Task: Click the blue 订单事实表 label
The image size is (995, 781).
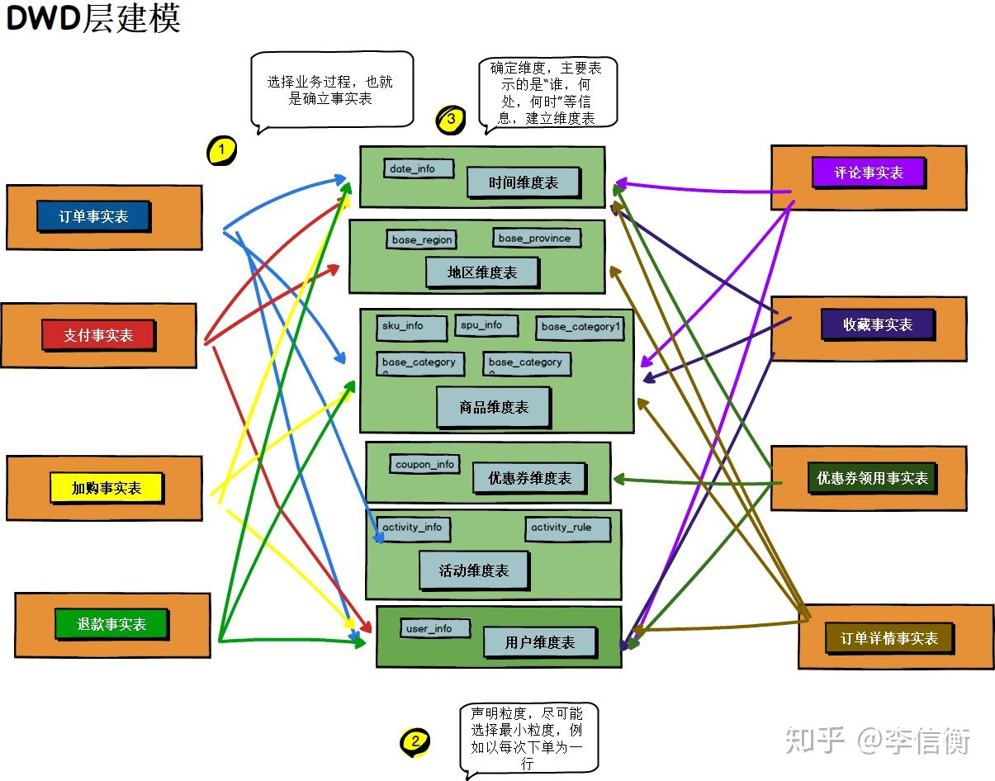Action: tap(93, 217)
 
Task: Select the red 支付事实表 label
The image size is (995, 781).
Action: tap(98, 335)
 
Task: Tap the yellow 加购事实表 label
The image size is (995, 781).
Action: tap(106, 488)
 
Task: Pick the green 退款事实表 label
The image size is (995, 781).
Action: tap(111, 624)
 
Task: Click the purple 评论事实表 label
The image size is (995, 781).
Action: tap(868, 173)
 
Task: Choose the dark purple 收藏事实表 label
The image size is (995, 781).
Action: tap(878, 324)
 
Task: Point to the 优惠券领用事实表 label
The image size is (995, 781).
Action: tap(872, 478)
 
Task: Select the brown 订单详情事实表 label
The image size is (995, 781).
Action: tap(888, 638)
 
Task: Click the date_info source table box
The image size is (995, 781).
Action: tap(419, 168)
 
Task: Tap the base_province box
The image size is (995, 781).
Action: tap(537, 238)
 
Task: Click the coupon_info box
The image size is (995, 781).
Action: tap(424, 464)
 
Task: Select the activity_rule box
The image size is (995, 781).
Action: tap(567, 528)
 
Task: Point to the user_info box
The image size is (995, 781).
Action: tap(435, 628)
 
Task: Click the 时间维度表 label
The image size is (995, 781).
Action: tap(524, 182)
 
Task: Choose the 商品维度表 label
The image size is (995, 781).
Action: tap(494, 407)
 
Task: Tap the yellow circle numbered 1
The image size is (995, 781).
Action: tap(221, 149)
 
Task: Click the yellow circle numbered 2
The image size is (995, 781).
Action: tap(415, 741)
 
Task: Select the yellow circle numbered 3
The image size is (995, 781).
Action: tap(451, 120)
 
